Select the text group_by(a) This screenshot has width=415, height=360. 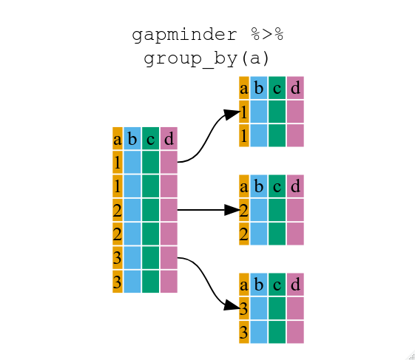(x=207, y=58)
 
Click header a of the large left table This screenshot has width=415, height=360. (x=117, y=138)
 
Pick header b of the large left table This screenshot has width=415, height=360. (x=132, y=138)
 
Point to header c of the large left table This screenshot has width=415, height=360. (x=150, y=138)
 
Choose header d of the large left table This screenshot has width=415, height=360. (x=169, y=138)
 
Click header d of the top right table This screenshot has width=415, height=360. (x=295, y=88)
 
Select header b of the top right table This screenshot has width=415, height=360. (x=259, y=88)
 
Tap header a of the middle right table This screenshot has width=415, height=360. (x=243, y=186)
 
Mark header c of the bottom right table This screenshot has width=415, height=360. (x=277, y=285)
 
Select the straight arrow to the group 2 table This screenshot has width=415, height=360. (x=203, y=210)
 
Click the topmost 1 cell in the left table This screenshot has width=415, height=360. (x=117, y=162)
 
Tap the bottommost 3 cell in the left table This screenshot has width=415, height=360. (x=117, y=281)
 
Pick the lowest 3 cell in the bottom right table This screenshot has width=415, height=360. (x=243, y=332)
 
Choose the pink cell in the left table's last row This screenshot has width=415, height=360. (x=169, y=281)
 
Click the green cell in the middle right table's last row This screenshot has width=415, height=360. (x=277, y=234)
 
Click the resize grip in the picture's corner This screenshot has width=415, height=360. (x=411, y=356)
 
